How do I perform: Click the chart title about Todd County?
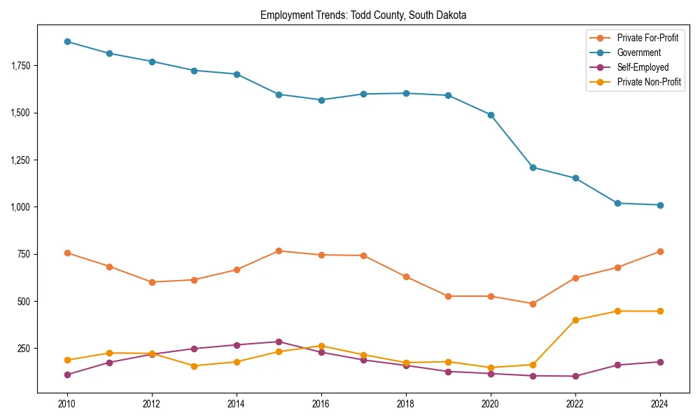coord(363,15)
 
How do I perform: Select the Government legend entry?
coord(638,52)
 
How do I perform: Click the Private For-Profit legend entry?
coord(647,38)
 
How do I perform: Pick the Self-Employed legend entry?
coord(643,67)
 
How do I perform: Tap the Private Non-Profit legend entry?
coord(649,82)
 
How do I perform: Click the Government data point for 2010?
coord(67,41)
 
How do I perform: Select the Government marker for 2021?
coord(533,167)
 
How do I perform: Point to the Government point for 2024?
coord(660,205)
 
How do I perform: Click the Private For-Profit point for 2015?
coord(279,251)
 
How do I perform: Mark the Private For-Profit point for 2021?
coord(533,304)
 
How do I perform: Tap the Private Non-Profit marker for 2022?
coord(575,320)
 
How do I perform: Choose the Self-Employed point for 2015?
coord(279,342)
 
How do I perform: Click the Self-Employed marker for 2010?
coord(67,374)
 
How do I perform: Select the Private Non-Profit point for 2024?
coord(660,311)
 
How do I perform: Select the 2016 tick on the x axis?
coord(321,404)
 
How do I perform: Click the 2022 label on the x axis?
coord(575,404)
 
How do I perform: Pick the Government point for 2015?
coord(279,94)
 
